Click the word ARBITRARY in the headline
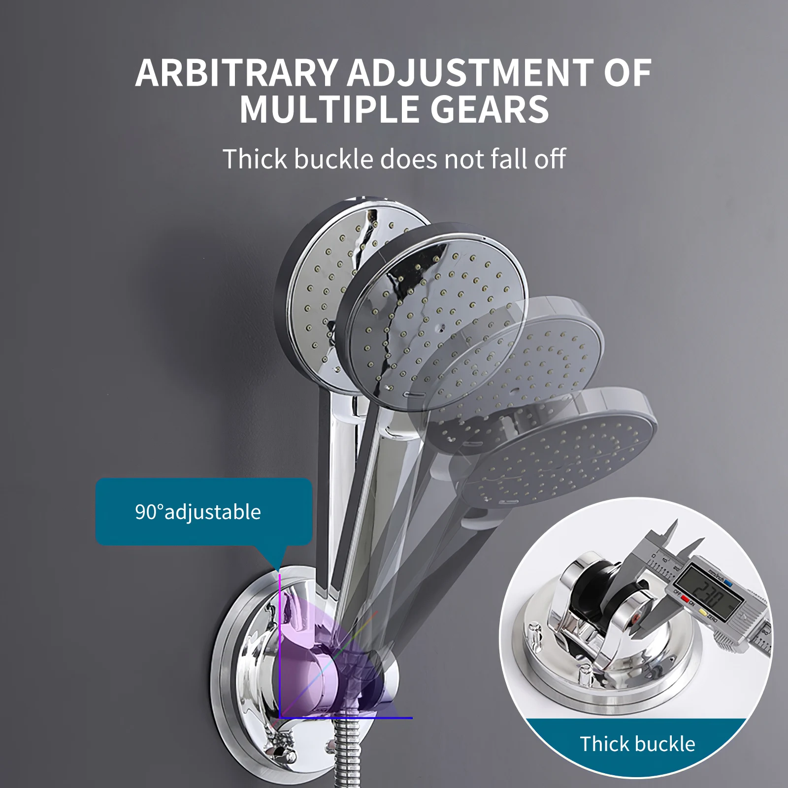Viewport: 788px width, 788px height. click(236, 73)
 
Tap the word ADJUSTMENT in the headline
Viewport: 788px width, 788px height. click(470, 73)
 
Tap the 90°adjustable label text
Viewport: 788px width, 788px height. click(198, 512)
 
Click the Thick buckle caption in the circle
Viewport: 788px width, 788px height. click(637, 744)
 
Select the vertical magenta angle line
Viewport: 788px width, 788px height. click(279, 640)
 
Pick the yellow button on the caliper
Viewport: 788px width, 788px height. click(703, 613)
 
